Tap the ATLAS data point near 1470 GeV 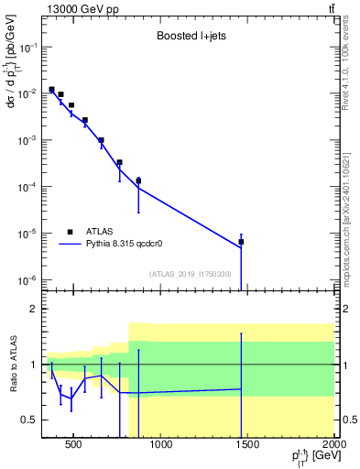point(241,242)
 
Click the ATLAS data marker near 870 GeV point(137,180)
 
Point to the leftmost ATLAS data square point(51,90)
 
